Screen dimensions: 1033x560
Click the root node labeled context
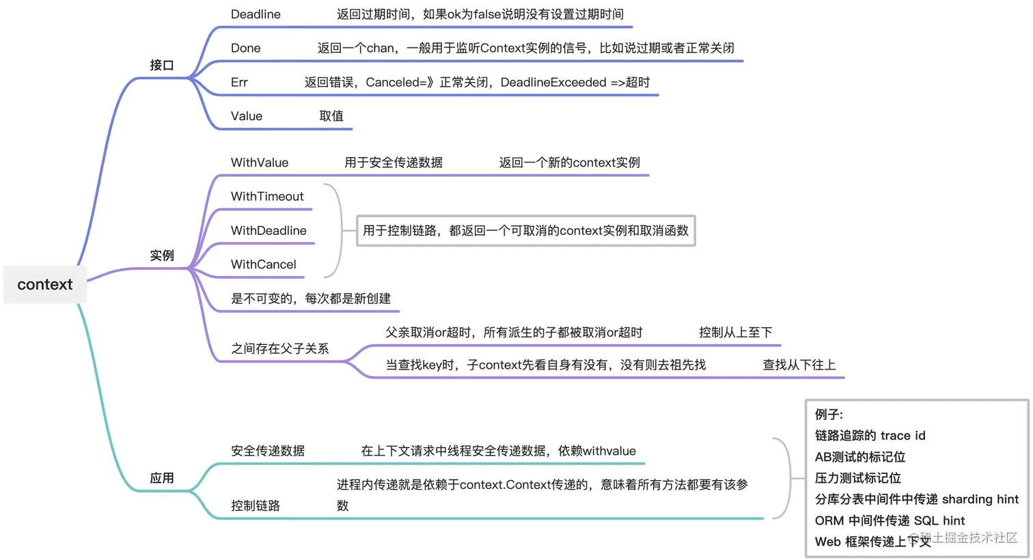tap(45, 285)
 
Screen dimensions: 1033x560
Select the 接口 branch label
tap(162, 66)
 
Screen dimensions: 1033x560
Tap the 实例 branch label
tap(162, 256)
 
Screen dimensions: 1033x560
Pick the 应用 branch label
tap(162, 478)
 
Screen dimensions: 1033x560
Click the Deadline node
tap(256, 14)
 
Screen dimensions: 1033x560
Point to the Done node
tap(246, 48)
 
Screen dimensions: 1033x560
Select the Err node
tap(239, 83)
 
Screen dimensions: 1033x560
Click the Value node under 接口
tap(247, 117)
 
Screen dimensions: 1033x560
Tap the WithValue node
tap(260, 163)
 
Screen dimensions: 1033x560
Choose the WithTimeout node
tap(267, 197)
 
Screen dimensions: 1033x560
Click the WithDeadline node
tap(268, 231)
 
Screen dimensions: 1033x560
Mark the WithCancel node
tap(264, 265)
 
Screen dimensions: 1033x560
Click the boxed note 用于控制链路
tap(525, 231)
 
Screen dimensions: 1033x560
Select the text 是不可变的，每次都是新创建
tap(311, 298)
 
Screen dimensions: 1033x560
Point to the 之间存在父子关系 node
tap(280, 349)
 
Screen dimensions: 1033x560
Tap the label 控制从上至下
tap(735, 333)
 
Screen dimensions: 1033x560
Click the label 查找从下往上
tap(799, 365)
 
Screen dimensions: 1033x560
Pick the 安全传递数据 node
tap(268, 451)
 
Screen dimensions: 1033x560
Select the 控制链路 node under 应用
tap(256, 506)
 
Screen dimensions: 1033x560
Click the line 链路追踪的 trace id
tap(870, 436)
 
